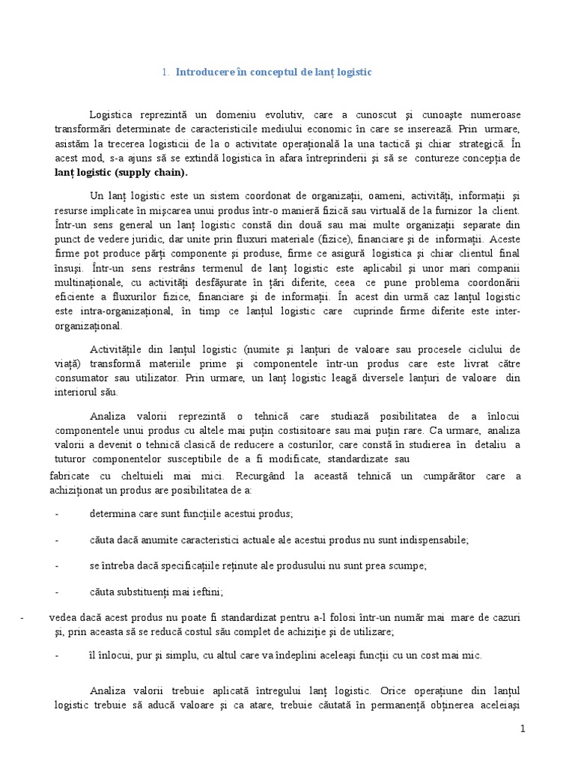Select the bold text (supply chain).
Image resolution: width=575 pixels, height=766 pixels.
154,172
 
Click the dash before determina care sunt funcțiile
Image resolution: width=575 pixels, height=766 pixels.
58,514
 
